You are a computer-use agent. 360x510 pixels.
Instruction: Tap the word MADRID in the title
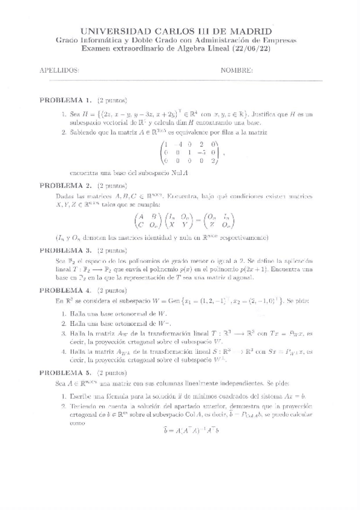(x=248, y=31)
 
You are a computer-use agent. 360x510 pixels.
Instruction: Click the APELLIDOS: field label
(x=59, y=70)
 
